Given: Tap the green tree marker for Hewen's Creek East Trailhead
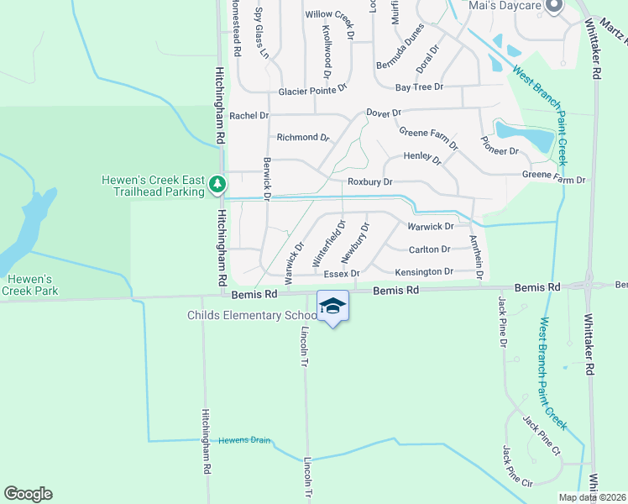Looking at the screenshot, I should tap(217, 182).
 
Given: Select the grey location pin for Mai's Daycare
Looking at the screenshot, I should tap(553, 7).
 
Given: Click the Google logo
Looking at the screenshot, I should tap(28, 494).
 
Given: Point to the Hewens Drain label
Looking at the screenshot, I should tap(246, 440).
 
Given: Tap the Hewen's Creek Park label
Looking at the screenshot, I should tap(29, 285).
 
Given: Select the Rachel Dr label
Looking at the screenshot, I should tap(249, 115).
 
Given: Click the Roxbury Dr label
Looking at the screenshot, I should tap(370, 181).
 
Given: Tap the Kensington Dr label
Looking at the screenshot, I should tap(424, 271).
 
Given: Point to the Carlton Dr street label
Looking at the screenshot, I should tap(429, 249).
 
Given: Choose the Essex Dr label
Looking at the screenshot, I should tap(342, 273).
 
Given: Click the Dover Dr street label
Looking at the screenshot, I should tap(385, 113).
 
